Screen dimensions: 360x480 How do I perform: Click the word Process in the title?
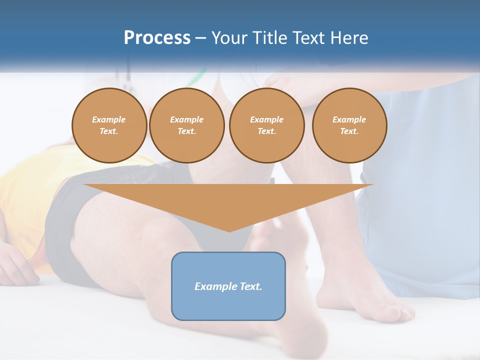(157, 38)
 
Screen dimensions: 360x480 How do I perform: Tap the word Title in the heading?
(269, 38)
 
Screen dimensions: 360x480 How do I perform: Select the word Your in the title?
(229, 38)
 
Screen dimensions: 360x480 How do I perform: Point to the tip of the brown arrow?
(229, 231)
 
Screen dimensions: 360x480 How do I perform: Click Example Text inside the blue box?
(228, 286)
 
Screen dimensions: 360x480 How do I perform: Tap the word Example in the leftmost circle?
(109, 119)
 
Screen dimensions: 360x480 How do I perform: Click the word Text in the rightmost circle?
(349, 131)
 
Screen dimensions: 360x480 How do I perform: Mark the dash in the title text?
(201, 38)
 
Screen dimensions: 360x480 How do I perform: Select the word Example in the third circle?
(266, 119)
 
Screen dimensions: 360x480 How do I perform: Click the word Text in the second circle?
(186, 131)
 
